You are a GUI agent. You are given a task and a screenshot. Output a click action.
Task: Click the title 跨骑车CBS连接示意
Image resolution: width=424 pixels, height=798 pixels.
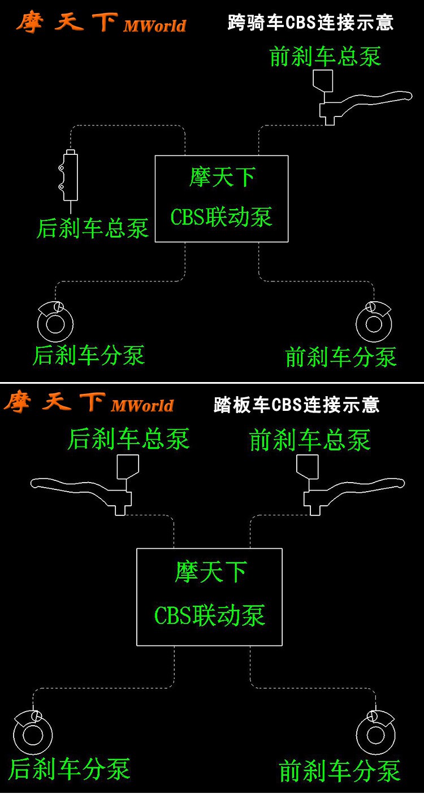310,23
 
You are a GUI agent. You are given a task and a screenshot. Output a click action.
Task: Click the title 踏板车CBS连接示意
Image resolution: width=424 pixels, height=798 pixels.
296,405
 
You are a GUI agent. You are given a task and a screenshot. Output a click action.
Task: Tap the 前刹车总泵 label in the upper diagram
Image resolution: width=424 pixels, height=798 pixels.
325,57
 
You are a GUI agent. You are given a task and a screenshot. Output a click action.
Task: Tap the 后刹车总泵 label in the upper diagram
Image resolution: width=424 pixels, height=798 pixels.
93,228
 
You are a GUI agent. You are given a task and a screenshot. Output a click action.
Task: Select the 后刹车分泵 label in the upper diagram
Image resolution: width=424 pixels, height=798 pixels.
89,355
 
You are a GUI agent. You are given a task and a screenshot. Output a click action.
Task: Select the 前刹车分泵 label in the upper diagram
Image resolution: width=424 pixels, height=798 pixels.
341,357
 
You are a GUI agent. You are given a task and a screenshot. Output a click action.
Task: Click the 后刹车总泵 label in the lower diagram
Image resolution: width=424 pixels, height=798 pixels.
128,439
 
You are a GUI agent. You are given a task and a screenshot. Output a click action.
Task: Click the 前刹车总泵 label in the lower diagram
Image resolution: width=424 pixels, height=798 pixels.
310,440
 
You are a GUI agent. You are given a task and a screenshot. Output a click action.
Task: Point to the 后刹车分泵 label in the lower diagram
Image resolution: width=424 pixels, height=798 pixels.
69,769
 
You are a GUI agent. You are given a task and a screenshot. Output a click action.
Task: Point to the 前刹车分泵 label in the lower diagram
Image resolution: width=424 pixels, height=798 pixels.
340,771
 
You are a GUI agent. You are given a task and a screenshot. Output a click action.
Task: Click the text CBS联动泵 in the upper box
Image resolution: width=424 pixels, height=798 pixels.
222,218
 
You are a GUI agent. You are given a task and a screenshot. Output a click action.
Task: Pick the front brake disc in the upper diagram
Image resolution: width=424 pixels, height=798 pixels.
374,324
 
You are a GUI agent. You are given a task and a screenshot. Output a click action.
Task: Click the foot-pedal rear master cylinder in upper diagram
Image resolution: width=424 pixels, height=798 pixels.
70,176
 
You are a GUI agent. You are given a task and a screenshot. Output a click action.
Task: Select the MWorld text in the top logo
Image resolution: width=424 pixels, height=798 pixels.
154,26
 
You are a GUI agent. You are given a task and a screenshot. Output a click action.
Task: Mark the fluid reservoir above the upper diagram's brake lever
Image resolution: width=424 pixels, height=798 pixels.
323,80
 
